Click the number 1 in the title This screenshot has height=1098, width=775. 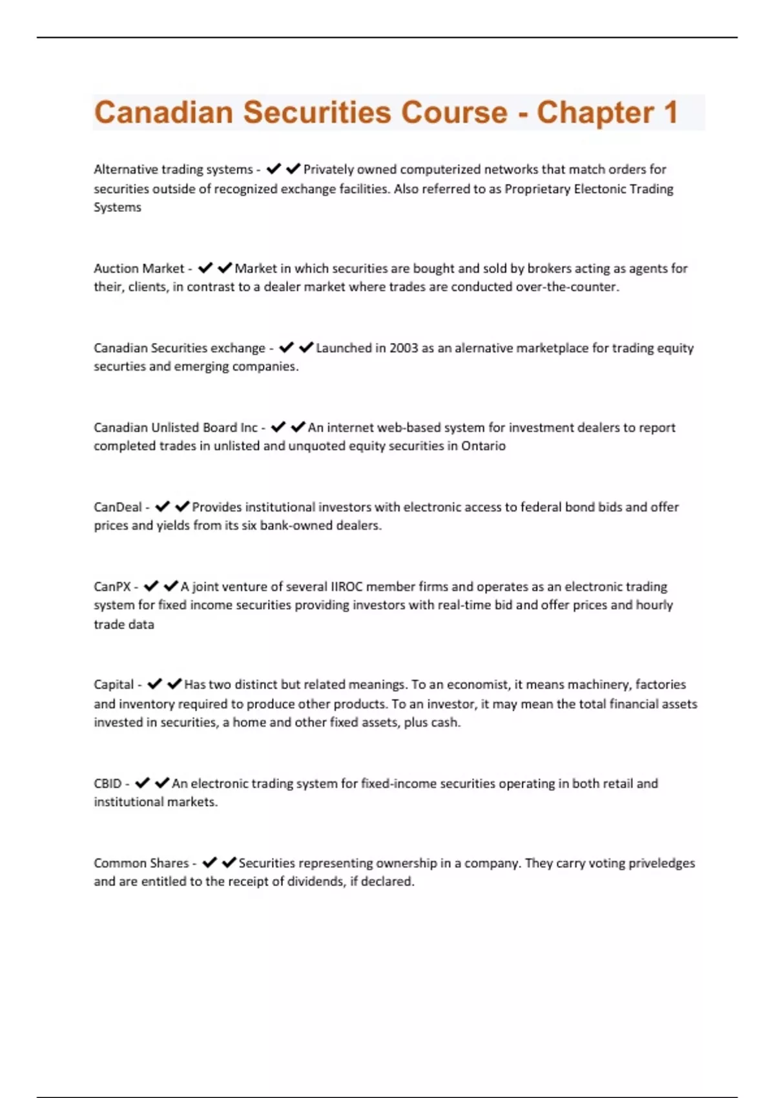[670, 112]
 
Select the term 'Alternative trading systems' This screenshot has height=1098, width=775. [173, 169]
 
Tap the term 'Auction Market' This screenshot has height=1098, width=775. [139, 268]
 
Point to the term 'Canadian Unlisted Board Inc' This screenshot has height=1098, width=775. [175, 428]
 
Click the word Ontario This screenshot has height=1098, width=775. [483, 446]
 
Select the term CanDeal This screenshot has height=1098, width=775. [118, 507]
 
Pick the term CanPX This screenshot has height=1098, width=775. [112, 586]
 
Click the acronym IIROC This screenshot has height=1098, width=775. [347, 586]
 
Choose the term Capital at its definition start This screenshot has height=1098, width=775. [114, 685]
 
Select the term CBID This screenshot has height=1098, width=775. [107, 783]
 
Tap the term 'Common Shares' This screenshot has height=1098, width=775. [141, 863]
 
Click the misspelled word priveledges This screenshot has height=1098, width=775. [662, 863]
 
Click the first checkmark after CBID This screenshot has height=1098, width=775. [143, 783]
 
